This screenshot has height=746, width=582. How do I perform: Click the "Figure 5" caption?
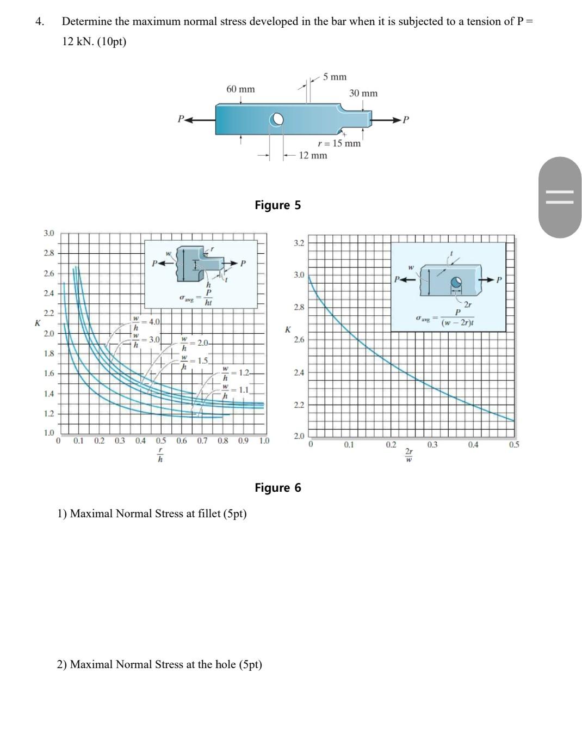tap(277, 205)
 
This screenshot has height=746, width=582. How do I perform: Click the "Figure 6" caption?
tap(277, 488)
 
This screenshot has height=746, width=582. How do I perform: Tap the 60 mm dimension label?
tap(240, 89)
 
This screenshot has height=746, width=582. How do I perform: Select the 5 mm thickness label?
tap(335, 77)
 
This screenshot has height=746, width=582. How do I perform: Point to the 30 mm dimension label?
tap(363, 94)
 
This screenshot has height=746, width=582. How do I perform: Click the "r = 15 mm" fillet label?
tap(339, 144)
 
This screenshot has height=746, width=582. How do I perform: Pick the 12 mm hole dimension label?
tap(313, 156)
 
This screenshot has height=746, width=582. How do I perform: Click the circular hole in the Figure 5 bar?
tap(277, 119)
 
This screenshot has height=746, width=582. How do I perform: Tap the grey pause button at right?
tap(560, 197)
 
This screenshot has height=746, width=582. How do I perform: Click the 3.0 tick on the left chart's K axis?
tap(49, 234)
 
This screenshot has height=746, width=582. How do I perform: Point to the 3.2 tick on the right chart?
tap(299, 243)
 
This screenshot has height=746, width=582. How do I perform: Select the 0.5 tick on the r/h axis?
tap(161, 441)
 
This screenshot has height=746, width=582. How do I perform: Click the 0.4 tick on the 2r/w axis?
tap(473, 445)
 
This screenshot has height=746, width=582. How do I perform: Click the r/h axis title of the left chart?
tap(160, 455)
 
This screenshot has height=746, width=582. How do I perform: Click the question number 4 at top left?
tap(39, 22)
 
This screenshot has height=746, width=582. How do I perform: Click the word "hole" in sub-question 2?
tap(225, 665)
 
